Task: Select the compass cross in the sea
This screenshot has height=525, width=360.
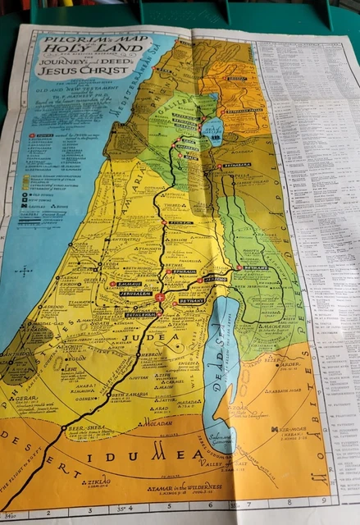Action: coord(25,270)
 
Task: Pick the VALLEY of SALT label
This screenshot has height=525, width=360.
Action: coord(220,464)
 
